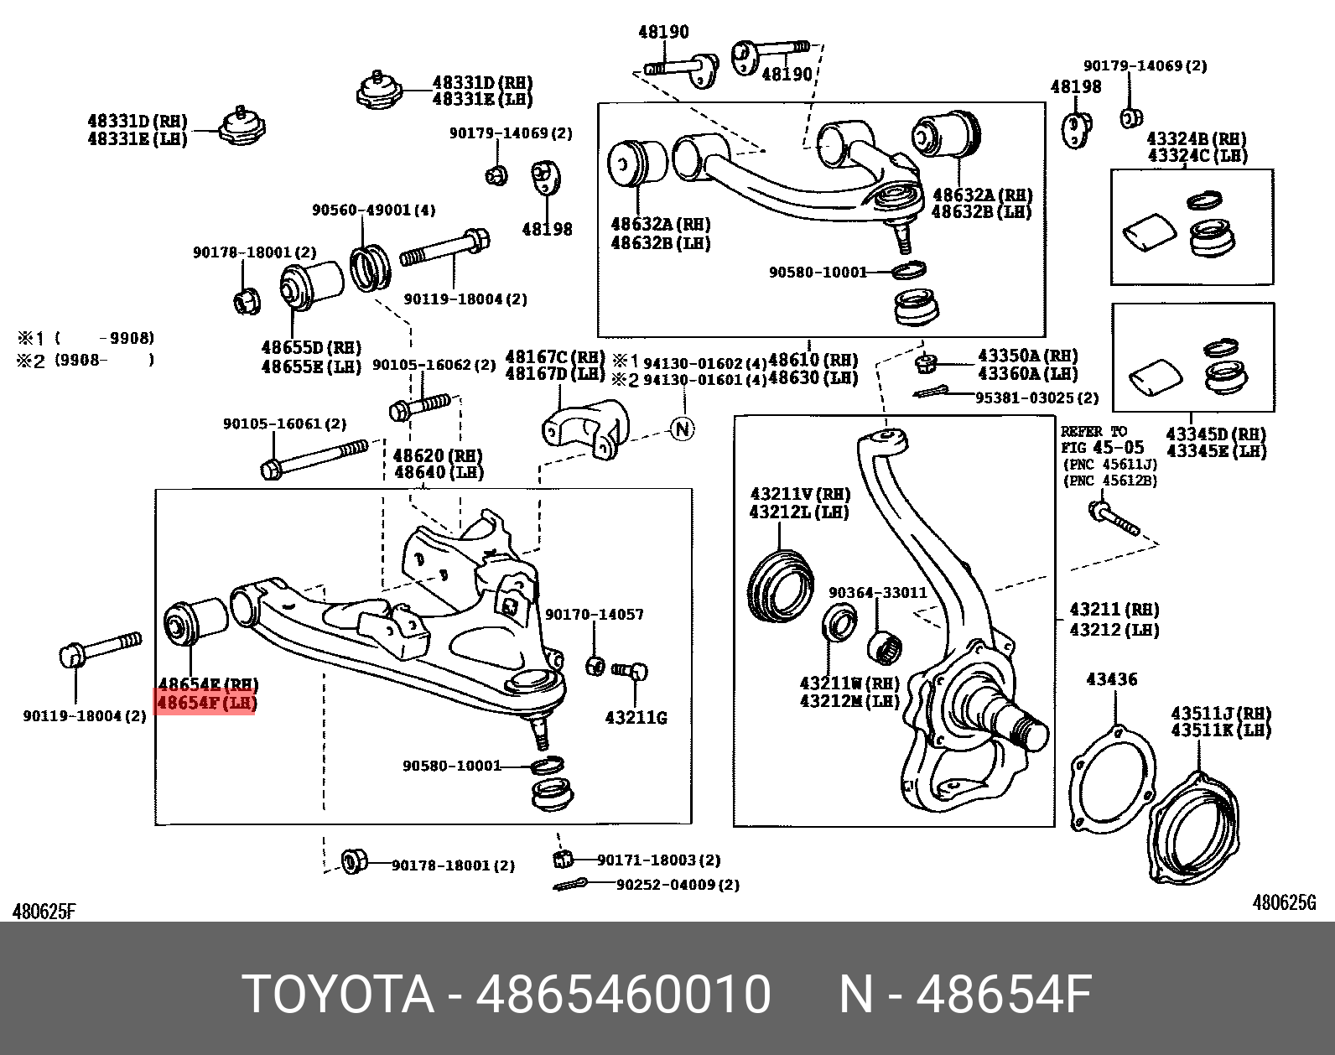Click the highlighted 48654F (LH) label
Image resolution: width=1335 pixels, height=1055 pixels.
click(x=206, y=703)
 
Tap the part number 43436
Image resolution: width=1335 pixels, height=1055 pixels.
click(x=1112, y=679)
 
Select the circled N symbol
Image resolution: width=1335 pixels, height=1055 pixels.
click(x=683, y=429)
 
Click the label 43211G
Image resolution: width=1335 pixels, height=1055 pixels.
click(x=636, y=718)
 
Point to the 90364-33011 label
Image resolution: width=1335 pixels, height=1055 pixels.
click(x=878, y=592)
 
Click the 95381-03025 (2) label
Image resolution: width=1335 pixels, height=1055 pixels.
click(x=1036, y=398)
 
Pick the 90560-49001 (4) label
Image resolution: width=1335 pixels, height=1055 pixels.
click(x=374, y=210)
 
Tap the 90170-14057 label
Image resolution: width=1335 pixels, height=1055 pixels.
click(x=595, y=615)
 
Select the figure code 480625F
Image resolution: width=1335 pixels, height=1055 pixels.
click(x=44, y=911)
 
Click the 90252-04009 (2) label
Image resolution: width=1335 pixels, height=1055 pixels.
click(x=678, y=884)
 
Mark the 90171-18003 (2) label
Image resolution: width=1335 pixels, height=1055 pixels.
click(x=659, y=860)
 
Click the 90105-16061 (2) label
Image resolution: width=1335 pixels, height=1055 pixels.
click(x=284, y=424)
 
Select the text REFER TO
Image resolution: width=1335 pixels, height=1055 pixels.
click(x=1094, y=432)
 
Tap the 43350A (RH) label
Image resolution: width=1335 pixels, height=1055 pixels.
click(x=1028, y=356)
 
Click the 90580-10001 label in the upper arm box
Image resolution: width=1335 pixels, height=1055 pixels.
click(x=818, y=272)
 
